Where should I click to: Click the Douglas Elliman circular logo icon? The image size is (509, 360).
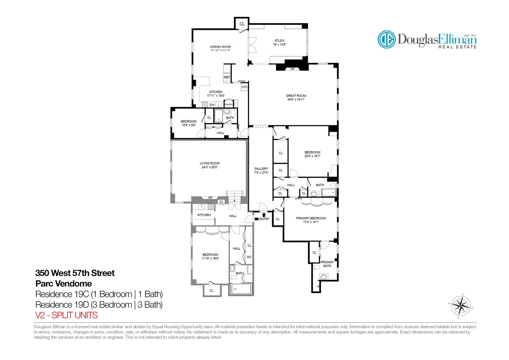[387, 39]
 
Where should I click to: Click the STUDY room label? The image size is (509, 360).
[279, 41]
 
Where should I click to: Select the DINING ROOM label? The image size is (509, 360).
[220, 47]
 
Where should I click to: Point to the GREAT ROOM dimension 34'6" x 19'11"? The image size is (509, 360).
[296, 100]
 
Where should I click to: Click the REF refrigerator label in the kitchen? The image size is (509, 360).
[226, 77]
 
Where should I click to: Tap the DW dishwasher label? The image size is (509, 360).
[212, 105]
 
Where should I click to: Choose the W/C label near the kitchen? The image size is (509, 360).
[244, 87]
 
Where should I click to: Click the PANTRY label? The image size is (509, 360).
[229, 104]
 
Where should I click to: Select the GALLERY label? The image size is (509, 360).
[261, 168]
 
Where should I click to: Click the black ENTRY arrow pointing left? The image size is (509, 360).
[256, 219]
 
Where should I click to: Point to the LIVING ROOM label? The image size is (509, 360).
[210, 163]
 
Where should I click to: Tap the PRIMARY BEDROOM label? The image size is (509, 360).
[311, 218]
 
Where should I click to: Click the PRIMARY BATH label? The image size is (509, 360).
[327, 264]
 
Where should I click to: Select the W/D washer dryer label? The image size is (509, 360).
[249, 257]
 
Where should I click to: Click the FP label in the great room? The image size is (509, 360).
[292, 69]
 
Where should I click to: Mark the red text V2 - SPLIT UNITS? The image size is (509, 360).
[66, 315]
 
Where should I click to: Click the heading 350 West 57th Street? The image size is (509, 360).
[75, 273]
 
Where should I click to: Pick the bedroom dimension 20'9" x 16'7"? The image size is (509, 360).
[312, 156]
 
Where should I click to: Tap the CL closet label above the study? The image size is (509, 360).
[242, 24]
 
